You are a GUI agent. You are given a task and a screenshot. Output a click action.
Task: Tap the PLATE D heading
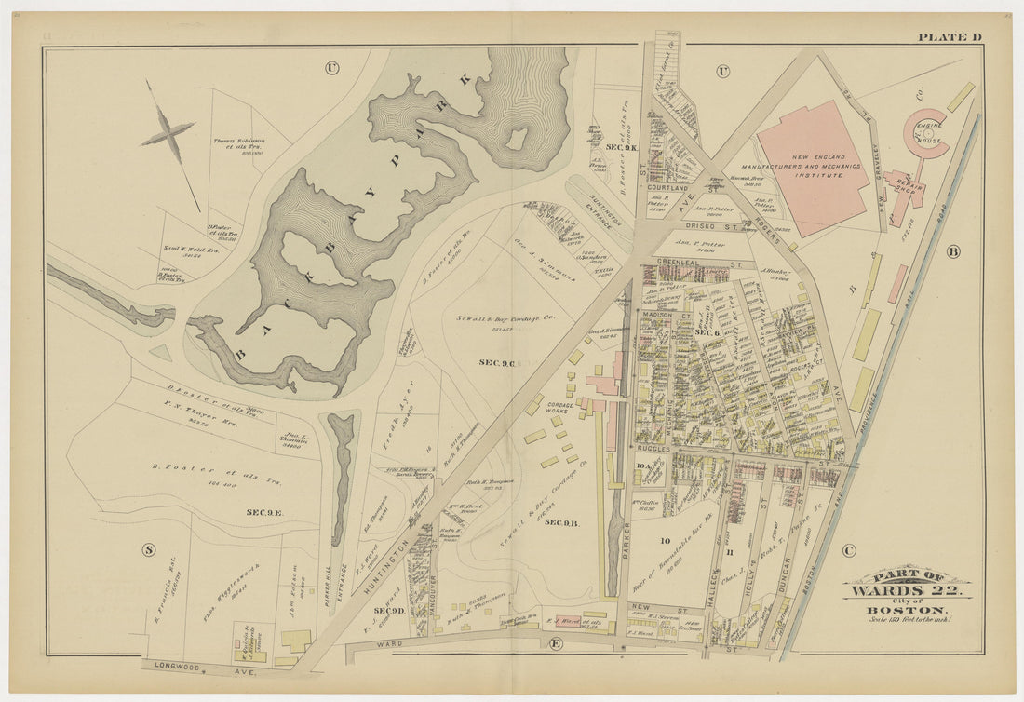point(950,37)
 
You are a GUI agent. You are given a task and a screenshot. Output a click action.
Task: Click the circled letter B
point(952,251)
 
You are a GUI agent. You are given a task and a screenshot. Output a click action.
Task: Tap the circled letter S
point(148,549)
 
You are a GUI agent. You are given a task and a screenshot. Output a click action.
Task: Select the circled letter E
point(557,644)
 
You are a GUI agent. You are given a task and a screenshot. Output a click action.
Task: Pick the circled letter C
point(847,549)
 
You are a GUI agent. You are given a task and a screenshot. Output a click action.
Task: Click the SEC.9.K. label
point(621,148)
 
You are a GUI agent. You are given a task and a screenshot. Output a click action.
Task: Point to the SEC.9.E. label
point(264,512)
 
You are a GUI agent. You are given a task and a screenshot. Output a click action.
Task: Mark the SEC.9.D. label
point(389,611)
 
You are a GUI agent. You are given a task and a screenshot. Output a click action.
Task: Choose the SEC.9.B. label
point(562,522)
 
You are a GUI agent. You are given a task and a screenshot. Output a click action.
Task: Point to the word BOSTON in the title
point(908,609)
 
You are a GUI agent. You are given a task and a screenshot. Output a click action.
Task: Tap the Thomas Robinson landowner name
point(239,142)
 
